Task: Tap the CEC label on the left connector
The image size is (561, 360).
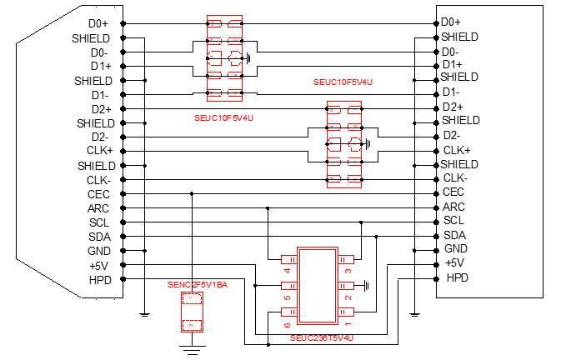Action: tap(99, 194)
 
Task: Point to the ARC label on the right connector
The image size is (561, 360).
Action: tap(453, 207)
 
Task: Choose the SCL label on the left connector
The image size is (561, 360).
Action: tap(99, 222)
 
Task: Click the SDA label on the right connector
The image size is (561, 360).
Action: tap(454, 235)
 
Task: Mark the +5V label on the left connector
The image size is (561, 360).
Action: tap(100, 265)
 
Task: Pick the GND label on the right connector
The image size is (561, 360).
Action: tap(455, 249)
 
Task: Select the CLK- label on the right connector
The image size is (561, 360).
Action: tap(455, 177)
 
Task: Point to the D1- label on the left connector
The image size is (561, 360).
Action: tap(100, 95)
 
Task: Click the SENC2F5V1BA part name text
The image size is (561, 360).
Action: tap(198, 285)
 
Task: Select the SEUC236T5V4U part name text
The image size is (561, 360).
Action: tap(322, 337)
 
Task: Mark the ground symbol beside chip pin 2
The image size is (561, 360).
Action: tap(366, 285)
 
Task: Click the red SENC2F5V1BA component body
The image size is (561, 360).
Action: tap(193, 313)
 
